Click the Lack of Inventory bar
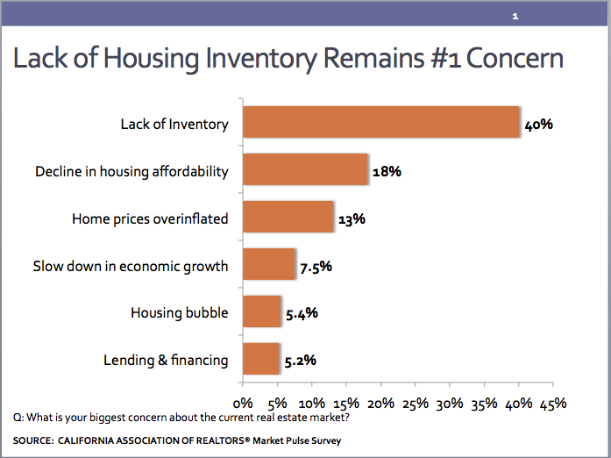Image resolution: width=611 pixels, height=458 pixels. [380, 124]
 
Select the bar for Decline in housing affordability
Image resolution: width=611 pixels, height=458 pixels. [304, 170]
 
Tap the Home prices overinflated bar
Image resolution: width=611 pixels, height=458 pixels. [288, 218]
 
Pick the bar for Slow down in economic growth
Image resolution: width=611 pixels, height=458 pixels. [268, 264]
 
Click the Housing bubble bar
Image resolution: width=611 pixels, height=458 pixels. [261, 311]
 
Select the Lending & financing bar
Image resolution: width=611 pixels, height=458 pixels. [260, 359]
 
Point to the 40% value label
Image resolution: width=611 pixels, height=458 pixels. [538, 124]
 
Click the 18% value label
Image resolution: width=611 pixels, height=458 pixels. [387, 171]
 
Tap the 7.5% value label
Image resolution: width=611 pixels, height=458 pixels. [316, 265]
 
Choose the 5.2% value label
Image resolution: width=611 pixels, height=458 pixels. [299, 360]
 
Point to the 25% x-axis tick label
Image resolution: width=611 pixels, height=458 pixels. [415, 404]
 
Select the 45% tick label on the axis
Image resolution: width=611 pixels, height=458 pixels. [552, 404]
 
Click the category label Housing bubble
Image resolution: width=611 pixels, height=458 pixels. [179, 312]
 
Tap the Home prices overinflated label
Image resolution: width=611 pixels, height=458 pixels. [150, 218]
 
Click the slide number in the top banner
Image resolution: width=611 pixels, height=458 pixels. [515, 17]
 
